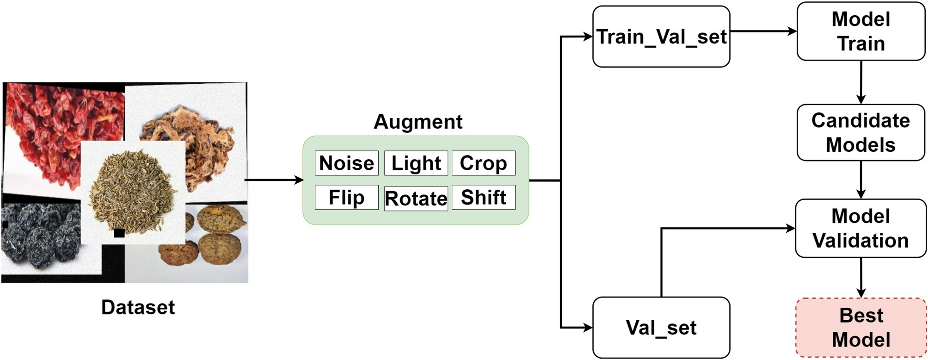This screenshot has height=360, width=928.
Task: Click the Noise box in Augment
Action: tap(346, 163)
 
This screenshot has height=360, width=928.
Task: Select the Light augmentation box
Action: tap(416, 163)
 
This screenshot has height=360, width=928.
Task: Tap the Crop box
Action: tap(483, 163)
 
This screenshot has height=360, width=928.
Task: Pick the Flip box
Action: tap(346, 198)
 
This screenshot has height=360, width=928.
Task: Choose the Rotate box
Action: tap(416, 199)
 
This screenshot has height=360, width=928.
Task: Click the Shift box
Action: tap(483, 198)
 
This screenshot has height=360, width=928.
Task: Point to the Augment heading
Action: tap(418, 122)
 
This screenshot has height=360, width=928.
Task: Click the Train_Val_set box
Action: tap(661, 37)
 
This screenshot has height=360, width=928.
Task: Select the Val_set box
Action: tap(661, 328)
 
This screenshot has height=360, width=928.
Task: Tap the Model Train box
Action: tap(860, 31)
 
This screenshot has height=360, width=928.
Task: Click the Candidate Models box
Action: tap(860, 132)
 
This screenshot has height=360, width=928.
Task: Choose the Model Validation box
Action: tap(860, 228)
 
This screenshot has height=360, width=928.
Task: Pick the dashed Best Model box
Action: tap(860, 328)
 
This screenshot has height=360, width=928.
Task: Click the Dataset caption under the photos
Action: tap(138, 307)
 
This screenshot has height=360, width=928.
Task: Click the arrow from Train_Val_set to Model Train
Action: tap(763, 31)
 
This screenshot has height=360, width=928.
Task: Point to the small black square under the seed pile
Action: tap(119, 233)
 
